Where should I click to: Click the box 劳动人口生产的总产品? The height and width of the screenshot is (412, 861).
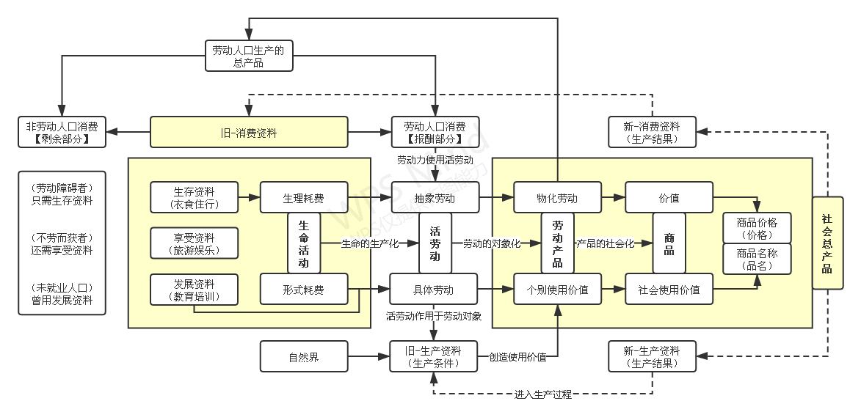pyautogui.click(x=249, y=56)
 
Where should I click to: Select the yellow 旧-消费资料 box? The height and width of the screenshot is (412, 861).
pyautogui.click(x=248, y=133)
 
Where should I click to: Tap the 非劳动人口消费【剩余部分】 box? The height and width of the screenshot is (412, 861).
pyautogui.click(x=62, y=133)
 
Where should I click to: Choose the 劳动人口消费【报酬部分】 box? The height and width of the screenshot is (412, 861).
pyautogui.click(x=435, y=133)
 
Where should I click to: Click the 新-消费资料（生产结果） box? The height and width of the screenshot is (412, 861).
pyautogui.click(x=653, y=133)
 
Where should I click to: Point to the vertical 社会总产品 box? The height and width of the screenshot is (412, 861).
pyautogui.click(x=827, y=243)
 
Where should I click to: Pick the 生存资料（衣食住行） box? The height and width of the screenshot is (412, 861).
pyautogui.click(x=195, y=198)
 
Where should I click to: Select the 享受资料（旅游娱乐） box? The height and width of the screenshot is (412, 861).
pyautogui.click(x=195, y=243)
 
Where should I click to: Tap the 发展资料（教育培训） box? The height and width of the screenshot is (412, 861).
pyautogui.click(x=195, y=290)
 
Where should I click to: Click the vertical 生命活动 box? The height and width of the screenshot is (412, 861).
pyautogui.click(x=304, y=243)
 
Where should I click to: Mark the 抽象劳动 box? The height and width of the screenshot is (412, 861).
pyautogui.click(x=435, y=198)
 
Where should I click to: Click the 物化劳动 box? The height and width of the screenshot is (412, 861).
pyautogui.click(x=557, y=198)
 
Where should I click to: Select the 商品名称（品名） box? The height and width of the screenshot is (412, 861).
pyautogui.click(x=757, y=260)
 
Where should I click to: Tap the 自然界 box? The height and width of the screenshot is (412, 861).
pyautogui.click(x=304, y=357)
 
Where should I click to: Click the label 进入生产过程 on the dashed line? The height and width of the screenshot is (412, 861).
pyautogui.click(x=543, y=394)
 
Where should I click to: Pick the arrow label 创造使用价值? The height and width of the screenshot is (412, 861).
pyautogui.click(x=517, y=357)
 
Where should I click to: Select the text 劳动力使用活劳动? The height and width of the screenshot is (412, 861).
pyautogui.click(x=435, y=159)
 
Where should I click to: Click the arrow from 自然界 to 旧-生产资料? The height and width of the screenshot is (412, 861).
pyautogui.click(x=368, y=357)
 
